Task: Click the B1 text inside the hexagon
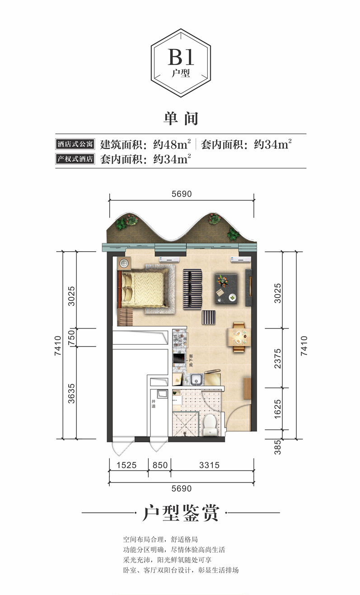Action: pos(181,58)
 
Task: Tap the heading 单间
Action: pos(181,118)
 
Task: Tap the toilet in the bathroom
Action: pos(210,425)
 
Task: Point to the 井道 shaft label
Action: pos(154,404)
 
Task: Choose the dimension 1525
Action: pos(128,465)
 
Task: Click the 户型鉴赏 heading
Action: pos(180,514)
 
